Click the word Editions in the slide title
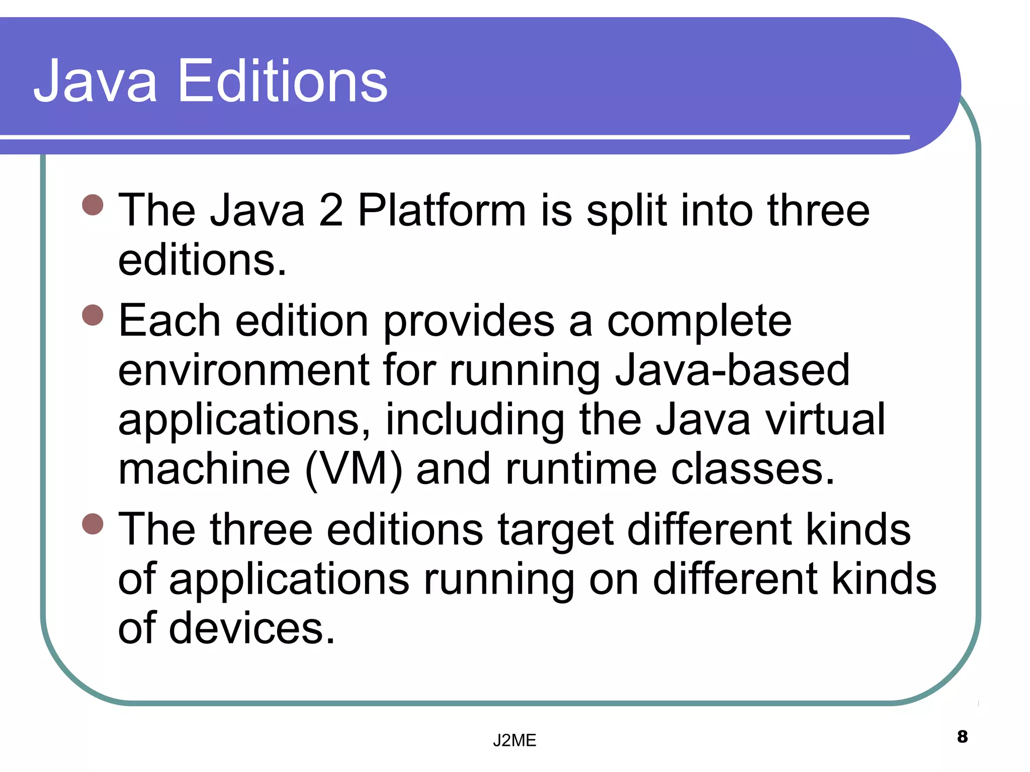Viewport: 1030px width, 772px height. pos(283,81)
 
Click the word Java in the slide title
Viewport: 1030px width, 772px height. pos(96,81)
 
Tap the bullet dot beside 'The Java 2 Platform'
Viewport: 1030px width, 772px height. pos(93,205)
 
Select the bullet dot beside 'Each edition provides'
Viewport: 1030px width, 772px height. pos(93,315)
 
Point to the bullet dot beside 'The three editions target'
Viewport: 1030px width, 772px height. pos(93,524)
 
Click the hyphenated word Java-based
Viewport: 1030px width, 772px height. pos(732,370)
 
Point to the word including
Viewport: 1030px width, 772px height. pos(475,421)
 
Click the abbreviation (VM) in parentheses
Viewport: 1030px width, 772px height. pos(354,469)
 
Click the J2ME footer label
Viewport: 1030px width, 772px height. pos(514,740)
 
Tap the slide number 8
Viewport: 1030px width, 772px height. pos(962,737)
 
